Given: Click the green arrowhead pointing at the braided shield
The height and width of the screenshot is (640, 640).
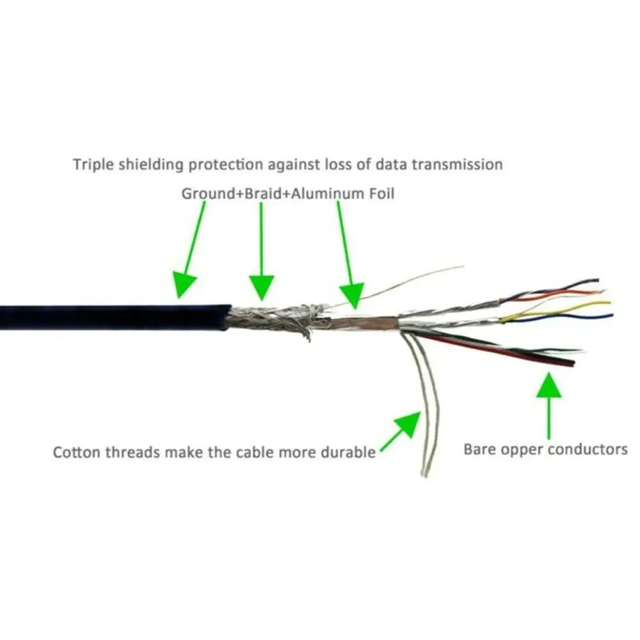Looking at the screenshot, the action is [x=261, y=286].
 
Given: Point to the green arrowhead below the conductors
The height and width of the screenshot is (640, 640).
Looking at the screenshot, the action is [x=548, y=385].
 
